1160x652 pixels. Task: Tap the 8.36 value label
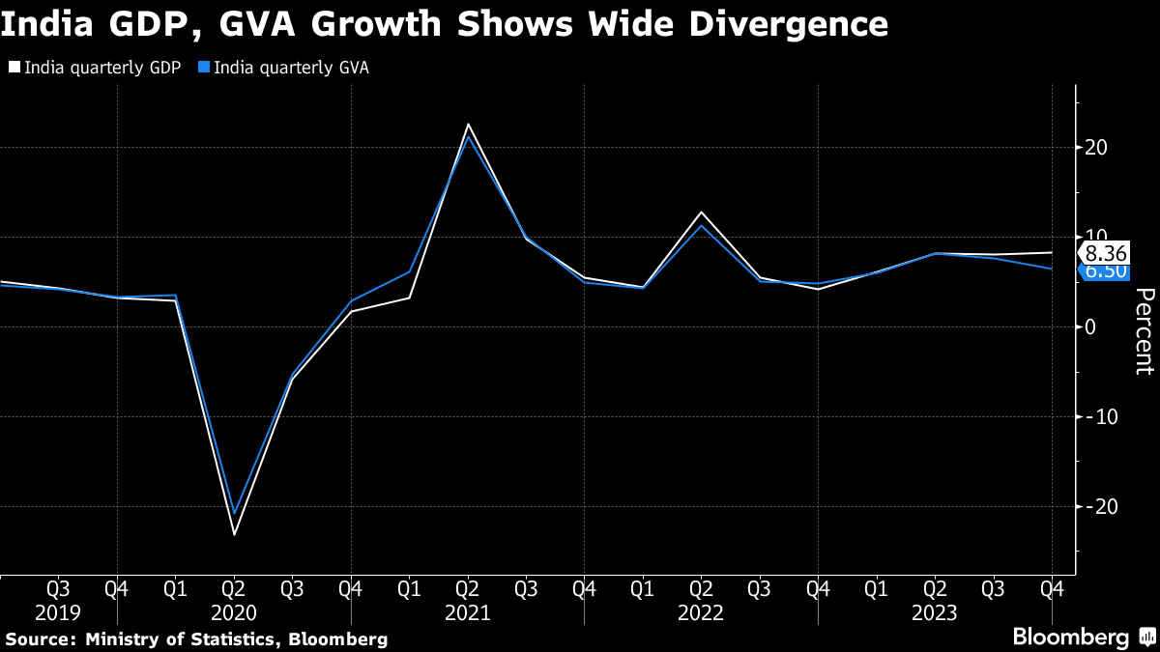pos(1104,253)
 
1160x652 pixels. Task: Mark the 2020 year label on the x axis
pos(234,612)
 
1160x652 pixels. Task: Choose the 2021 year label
pos(467,612)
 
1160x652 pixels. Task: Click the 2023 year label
pos(934,612)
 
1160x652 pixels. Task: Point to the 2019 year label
pos(58,612)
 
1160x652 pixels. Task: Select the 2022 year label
pos(701,612)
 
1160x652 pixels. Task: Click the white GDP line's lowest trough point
pos(234,534)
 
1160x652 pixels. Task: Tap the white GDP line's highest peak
pos(468,125)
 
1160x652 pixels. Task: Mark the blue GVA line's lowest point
pos(234,513)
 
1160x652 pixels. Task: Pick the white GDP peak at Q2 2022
pos(701,212)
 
